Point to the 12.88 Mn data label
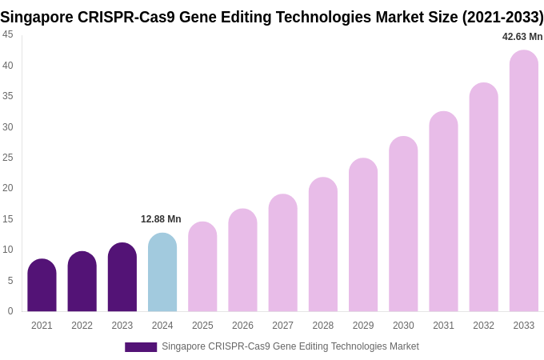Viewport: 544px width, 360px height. (x=161, y=219)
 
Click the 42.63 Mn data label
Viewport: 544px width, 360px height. (x=522, y=37)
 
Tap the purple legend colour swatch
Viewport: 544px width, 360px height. (x=141, y=347)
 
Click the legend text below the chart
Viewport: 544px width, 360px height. (x=290, y=346)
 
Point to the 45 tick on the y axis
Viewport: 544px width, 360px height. (x=8, y=34)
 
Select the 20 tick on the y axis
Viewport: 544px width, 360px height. (x=8, y=188)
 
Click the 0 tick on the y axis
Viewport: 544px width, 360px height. (x=10, y=311)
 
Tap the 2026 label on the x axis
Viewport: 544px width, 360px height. (x=242, y=326)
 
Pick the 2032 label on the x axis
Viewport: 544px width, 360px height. (x=483, y=326)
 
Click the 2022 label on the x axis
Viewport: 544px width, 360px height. (x=82, y=326)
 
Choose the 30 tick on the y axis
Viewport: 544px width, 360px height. (x=8, y=126)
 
